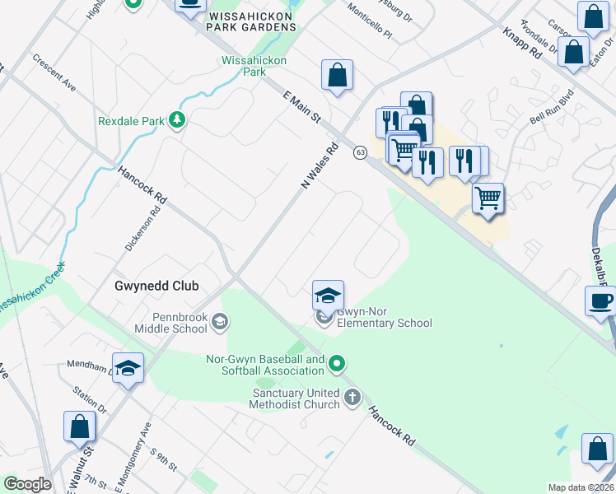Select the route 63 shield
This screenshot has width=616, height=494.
[360, 152]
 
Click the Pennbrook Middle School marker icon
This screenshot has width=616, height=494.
[220, 321]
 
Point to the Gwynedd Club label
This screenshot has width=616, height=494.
[156, 286]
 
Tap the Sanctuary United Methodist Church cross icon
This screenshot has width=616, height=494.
[352, 398]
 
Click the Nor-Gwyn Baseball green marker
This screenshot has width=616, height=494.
[336, 363]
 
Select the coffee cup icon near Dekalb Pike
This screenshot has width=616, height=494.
[600, 301]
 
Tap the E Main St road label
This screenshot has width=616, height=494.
[301, 108]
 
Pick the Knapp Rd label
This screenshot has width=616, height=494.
[522, 43]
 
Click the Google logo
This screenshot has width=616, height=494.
[27, 484]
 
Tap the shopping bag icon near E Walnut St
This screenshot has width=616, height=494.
[80, 426]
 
